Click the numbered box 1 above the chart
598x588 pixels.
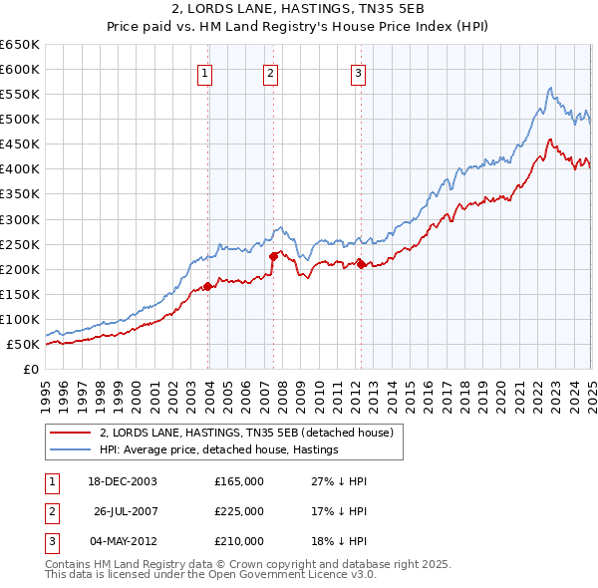tap(204, 72)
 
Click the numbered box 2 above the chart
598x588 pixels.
tap(270, 72)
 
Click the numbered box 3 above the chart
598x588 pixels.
tap(358, 72)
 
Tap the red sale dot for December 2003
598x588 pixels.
tap(208, 286)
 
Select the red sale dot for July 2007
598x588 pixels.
tap(273, 256)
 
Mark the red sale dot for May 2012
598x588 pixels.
tap(361, 264)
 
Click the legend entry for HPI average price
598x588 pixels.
tap(218, 449)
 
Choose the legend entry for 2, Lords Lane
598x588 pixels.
tap(247, 433)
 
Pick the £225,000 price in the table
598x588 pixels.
tap(239, 511)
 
